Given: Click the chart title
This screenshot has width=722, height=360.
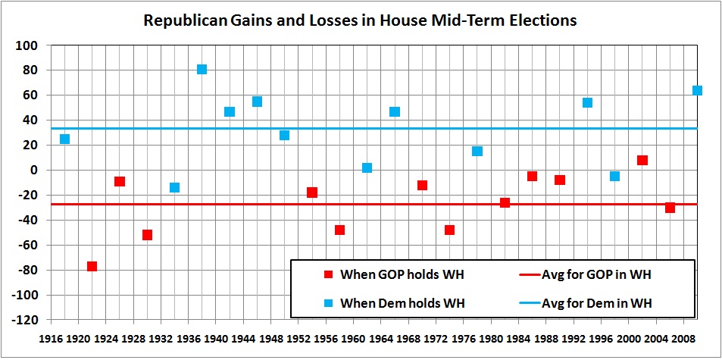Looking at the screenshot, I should [x=361, y=20].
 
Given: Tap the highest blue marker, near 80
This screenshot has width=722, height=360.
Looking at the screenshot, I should [x=202, y=69].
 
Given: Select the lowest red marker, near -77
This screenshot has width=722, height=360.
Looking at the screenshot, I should [x=92, y=266].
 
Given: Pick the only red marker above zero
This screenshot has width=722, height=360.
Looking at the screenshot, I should [x=642, y=160].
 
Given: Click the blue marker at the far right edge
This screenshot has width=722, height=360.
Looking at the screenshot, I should [x=697, y=90].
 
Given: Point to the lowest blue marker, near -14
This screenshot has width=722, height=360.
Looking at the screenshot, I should [x=174, y=187].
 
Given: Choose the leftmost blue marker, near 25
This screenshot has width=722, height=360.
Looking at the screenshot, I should [x=64, y=139].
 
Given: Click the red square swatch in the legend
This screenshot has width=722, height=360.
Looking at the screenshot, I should [x=327, y=275].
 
